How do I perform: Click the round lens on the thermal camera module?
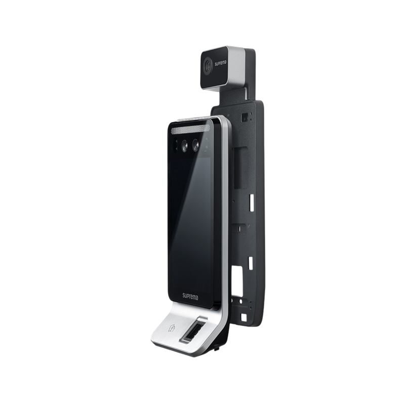(x=208, y=65)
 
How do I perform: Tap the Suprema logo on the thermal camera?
(x=220, y=63)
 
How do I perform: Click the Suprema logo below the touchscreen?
(x=190, y=296)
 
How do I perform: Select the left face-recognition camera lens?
(x=184, y=146)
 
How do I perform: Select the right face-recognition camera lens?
(x=195, y=145)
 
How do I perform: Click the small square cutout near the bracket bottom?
(x=244, y=317)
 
